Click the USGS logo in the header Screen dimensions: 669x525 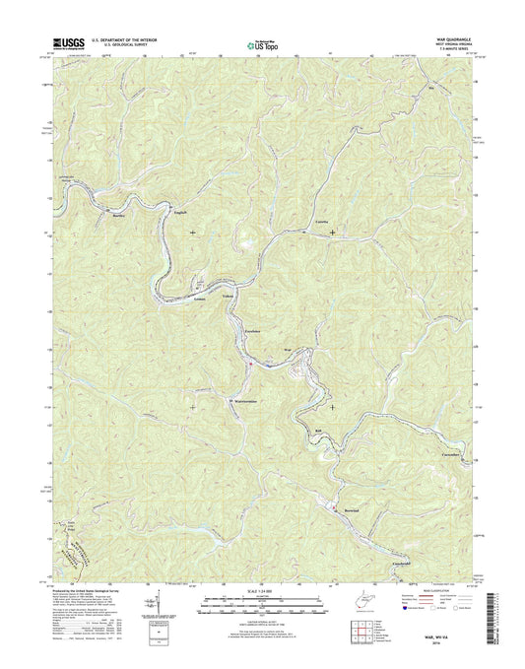64,43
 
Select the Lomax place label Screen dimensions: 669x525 201,296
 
